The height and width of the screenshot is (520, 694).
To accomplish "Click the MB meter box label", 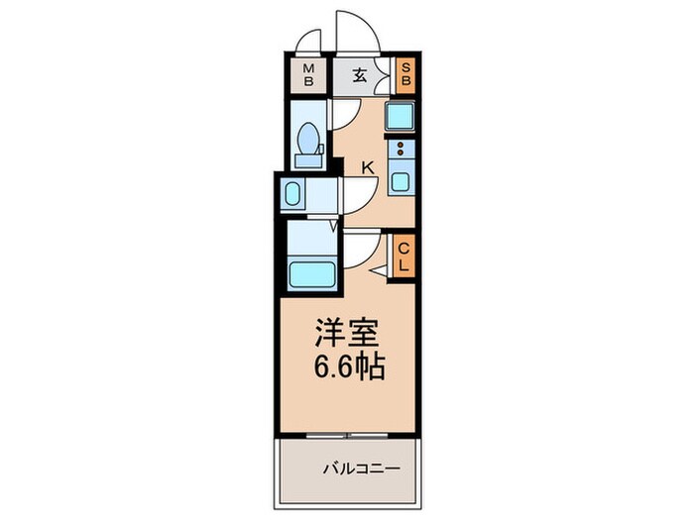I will click(x=309, y=74).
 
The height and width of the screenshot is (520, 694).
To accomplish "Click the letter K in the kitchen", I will click(x=367, y=168).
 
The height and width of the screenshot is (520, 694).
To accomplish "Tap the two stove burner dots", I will click(x=401, y=152).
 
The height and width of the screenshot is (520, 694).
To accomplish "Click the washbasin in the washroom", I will click(x=293, y=194).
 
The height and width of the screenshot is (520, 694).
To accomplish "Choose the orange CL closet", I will click(x=404, y=258).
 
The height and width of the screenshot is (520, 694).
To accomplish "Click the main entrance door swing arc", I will click(x=355, y=30).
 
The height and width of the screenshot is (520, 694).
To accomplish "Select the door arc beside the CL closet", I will click(x=359, y=244).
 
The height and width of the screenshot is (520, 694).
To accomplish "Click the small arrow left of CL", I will click(x=379, y=268).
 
